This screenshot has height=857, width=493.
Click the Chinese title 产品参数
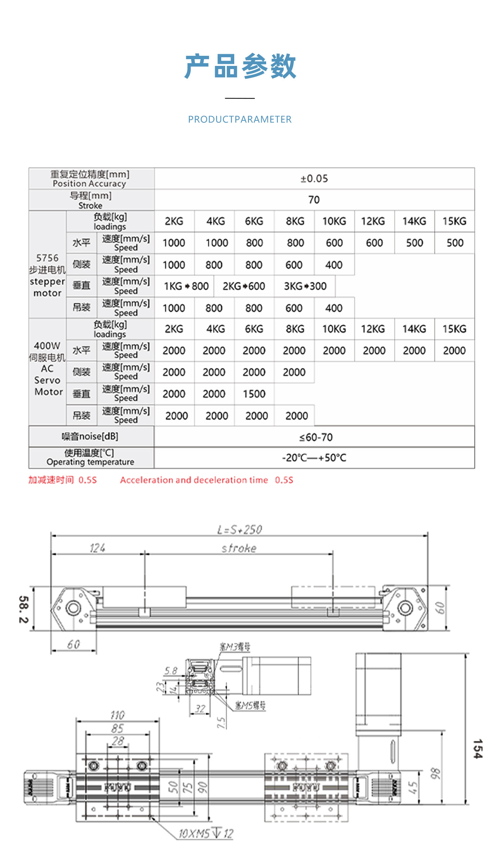[x=240, y=66]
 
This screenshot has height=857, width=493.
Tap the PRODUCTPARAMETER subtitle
[x=240, y=119]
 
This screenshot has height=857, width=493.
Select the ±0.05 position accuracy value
[x=314, y=179]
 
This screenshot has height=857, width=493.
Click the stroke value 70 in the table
[x=314, y=200]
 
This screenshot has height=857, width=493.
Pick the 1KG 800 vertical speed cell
[x=186, y=286]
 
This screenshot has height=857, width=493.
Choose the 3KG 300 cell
[x=305, y=286]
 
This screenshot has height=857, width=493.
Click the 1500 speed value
[x=254, y=394]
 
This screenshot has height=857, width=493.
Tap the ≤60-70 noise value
[x=316, y=437]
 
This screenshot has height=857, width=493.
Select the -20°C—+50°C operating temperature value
[x=314, y=458]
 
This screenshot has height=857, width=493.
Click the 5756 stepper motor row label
[x=47, y=275]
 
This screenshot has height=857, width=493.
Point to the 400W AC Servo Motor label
[x=48, y=368]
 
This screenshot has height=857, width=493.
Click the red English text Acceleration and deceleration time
[x=194, y=480]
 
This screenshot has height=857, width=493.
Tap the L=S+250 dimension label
[x=239, y=530]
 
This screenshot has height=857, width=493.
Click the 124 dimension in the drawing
[x=97, y=548]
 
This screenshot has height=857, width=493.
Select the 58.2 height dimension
[x=24, y=610]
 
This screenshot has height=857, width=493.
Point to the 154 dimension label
[x=478, y=749]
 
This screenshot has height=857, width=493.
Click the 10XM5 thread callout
[x=206, y=833]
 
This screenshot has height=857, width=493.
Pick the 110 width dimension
[x=118, y=715]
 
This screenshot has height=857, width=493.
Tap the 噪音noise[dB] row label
[x=90, y=436]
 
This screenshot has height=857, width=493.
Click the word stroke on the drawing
[x=239, y=548]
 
